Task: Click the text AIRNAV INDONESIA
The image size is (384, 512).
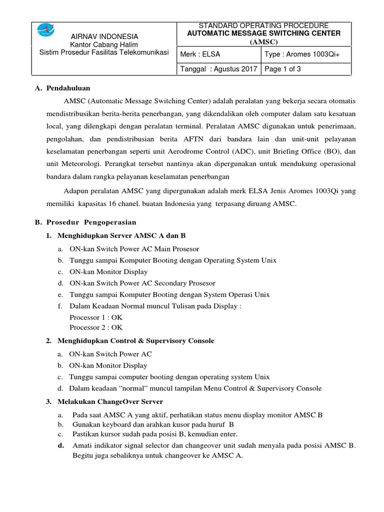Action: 104,37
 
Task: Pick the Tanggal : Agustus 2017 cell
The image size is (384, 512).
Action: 218,69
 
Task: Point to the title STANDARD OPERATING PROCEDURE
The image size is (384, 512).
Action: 263,25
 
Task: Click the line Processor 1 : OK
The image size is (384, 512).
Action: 96,317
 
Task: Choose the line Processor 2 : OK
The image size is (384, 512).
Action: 96,327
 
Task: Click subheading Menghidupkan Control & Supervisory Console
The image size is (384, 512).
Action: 136,340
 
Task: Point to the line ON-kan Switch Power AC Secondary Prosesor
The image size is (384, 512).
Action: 142,283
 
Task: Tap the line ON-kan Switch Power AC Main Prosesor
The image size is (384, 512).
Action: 134,248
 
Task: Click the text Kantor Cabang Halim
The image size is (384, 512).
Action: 104,45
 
